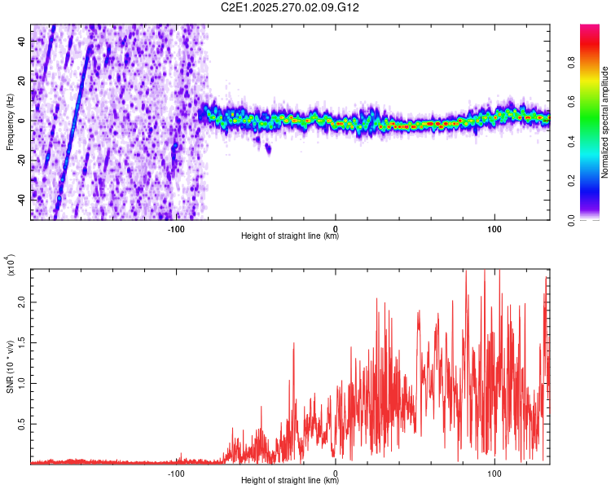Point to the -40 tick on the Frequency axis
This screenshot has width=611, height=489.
21,198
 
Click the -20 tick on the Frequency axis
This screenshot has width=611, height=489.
21,159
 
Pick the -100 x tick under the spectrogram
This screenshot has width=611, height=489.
176,229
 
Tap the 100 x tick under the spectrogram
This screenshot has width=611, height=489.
495,229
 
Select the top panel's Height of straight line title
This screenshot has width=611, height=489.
290,236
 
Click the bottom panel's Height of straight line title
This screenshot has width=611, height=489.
290,481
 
